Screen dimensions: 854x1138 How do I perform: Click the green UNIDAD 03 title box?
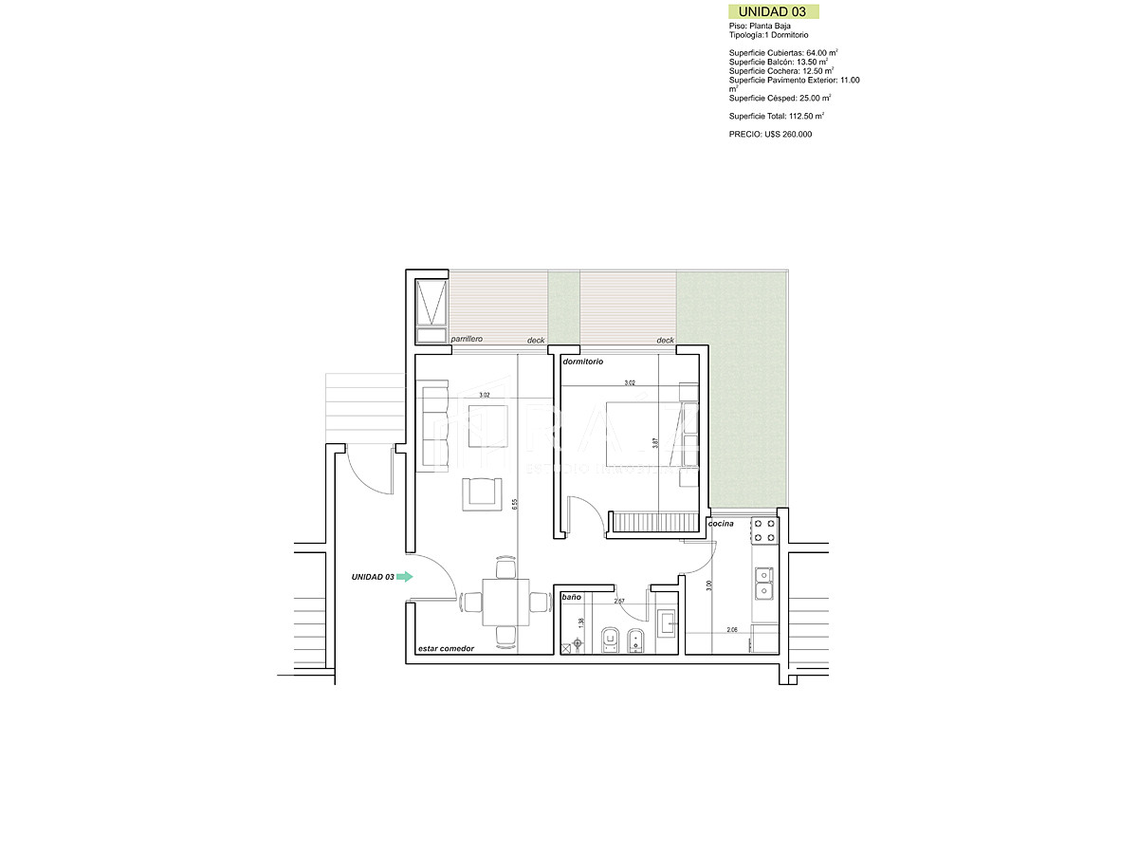[x=773, y=11]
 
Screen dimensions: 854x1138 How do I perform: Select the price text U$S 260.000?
[x=770, y=135]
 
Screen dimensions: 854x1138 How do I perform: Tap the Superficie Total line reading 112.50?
[x=776, y=116]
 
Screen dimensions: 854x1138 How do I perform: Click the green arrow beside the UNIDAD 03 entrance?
[x=405, y=576]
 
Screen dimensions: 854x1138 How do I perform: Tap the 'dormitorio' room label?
[x=583, y=362]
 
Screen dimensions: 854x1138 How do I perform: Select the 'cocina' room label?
[x=721, y=524]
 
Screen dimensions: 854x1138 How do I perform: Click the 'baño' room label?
[x=571, y=598]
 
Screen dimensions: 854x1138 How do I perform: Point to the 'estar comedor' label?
[x=446, y=649]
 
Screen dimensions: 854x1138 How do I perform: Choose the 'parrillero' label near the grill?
[x=468, y=339]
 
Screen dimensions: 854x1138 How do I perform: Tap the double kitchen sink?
[x=763, y=584]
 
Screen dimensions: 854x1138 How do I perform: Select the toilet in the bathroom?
[x=612, y=640]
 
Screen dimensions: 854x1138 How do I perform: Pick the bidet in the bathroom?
[x=637, y=640]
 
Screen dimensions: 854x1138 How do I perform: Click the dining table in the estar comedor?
[x=504, y=602]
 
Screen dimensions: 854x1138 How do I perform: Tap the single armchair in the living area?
[x=482, y=493]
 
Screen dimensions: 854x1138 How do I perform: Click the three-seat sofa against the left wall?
[x=433, y=425]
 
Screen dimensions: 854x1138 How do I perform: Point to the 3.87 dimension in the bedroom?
[x=655, y=443]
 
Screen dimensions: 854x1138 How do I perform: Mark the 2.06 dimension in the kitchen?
[x=732, y=630]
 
